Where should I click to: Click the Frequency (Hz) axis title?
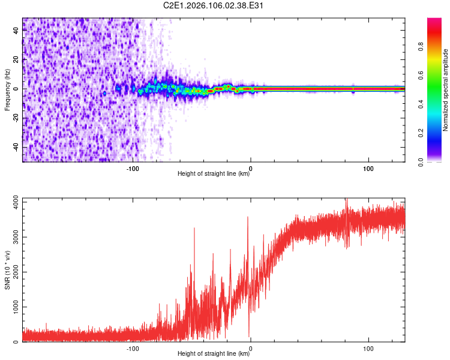[x=7, y=89]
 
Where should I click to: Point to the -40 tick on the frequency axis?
[x=17, y=148]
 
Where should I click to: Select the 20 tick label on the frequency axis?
[x=17, y=59]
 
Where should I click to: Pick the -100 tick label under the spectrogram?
[x=133, y=167]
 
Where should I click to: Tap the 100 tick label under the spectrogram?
[x=368, y=167]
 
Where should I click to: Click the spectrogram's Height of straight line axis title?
[x=214, y=175]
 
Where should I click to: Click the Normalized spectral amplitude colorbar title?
[x=446, y=89]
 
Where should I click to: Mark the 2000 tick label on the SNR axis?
[x=12, y=272]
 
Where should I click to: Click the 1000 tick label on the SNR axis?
[x=12, y=307]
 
